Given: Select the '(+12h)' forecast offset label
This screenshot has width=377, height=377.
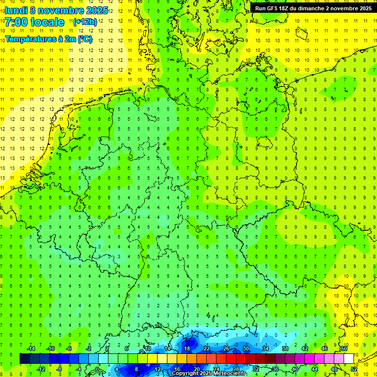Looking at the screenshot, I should (x=85, y=22).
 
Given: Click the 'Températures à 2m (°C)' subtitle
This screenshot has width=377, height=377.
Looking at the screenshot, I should (x=49, y=39).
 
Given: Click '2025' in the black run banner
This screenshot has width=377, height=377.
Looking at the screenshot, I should (x=364, y=8).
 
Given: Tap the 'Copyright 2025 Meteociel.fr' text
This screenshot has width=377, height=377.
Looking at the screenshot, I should (x=209, y=374).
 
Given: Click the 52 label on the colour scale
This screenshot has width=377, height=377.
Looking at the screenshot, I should (x=354, y=369).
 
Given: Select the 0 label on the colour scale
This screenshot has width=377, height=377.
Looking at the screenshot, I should (x=97, y=369).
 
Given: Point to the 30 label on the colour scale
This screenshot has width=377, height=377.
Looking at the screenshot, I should (x=245, y=349).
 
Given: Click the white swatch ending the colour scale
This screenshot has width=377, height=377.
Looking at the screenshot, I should (x=349, y=359).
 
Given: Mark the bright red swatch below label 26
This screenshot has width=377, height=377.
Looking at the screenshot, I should (x=231, y=359).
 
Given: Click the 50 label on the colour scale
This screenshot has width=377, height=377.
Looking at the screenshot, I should (x=344, y=349).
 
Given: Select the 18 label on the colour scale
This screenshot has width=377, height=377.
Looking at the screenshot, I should (x=187, y=349).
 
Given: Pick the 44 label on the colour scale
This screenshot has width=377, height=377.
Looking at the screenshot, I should (x=315, y=369).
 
